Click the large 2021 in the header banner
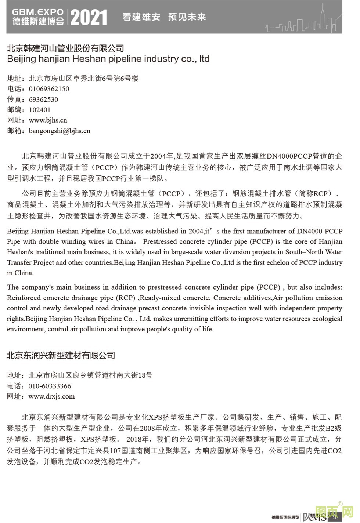[x=89, y=17]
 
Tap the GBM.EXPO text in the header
[x=38, y=12]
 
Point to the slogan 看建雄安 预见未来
[x=164, y=17]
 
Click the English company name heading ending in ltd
[x=108, y=59]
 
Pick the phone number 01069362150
[x=49, y=89]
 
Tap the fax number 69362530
[x=43, y=99]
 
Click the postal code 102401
[x=40, y=110]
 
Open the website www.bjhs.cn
[x=48, y=120]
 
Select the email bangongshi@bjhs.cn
[x=60, y=131]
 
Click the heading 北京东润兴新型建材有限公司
[x=61, y=355]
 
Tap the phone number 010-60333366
[x=50, y=386]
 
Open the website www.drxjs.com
[x=51, y=396]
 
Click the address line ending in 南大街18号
[x=90, y=375]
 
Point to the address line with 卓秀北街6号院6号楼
[x=83, y=78]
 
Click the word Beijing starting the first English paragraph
[x=18, y=231]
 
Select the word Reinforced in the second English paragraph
[x=22, y=298]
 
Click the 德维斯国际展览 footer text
[x=285, y=517]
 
